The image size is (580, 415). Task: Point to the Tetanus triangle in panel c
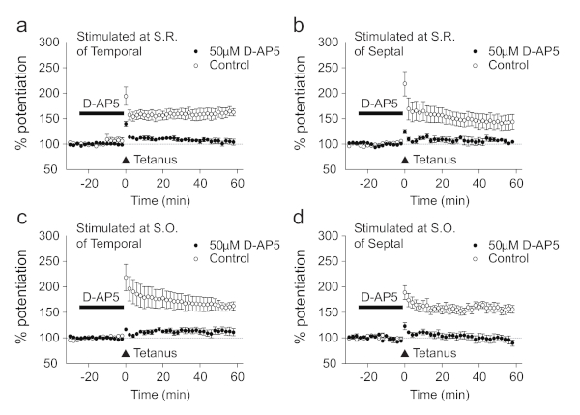pos(126,352)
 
